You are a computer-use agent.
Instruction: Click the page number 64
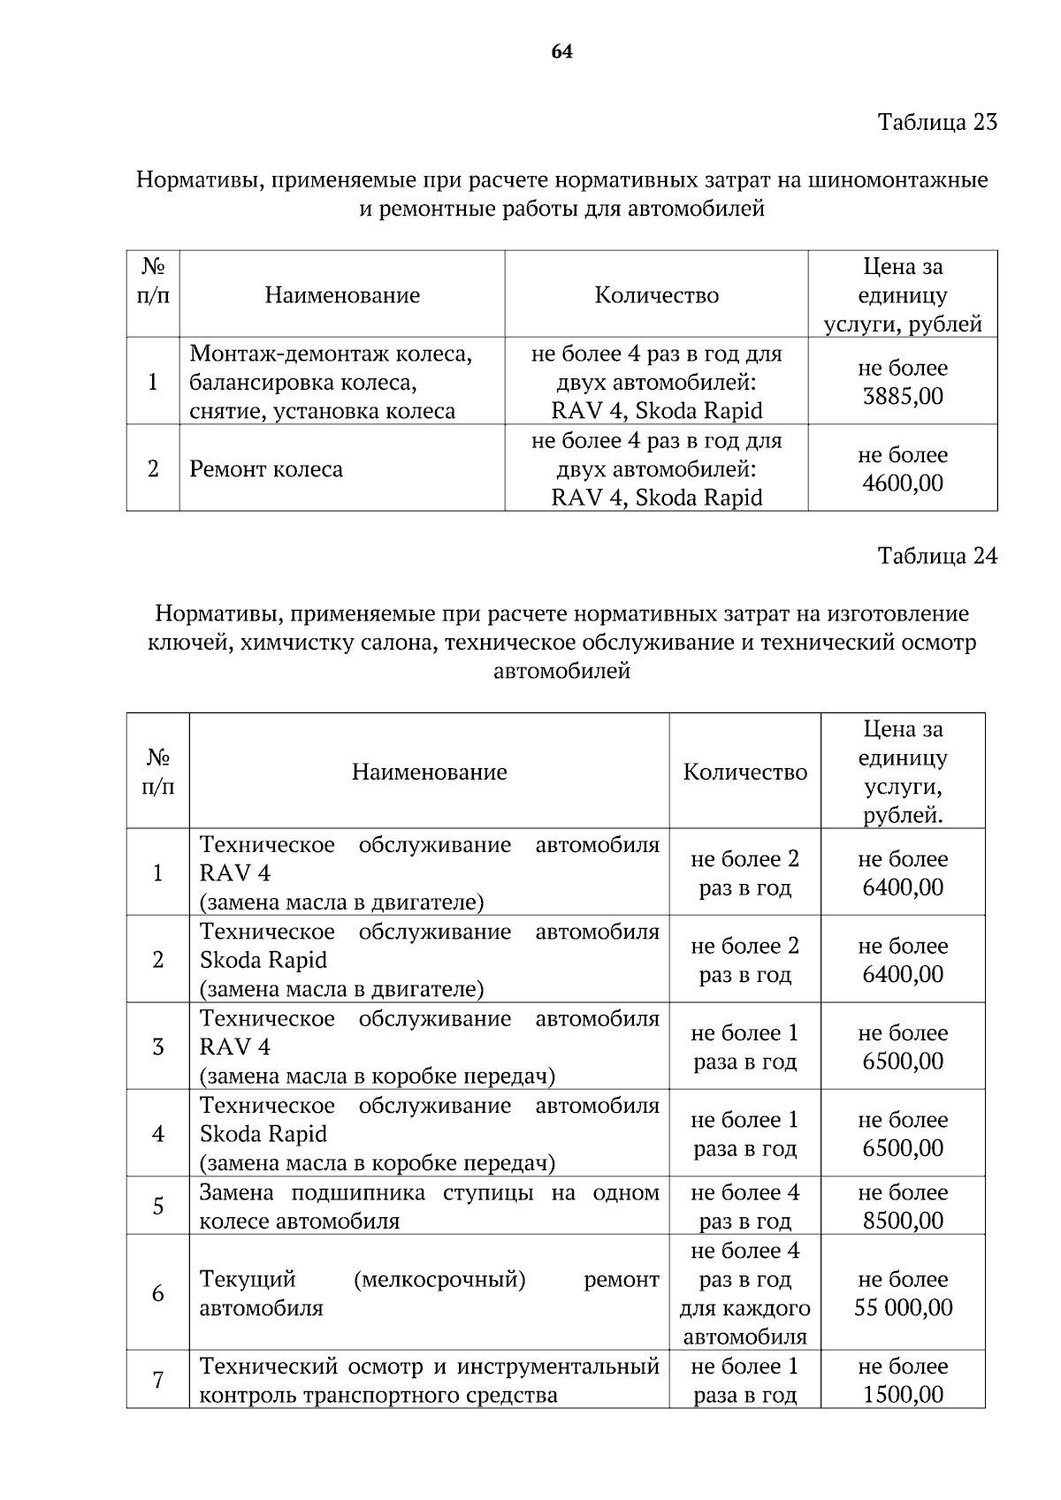[x=561, y=52]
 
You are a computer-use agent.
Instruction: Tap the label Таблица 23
[x=937, y=122]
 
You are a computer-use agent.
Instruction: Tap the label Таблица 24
[x=937, y=556]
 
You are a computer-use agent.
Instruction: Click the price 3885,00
[x=903, y=396]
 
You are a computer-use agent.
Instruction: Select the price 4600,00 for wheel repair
[x=903, y=484]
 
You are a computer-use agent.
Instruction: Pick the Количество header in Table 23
[x=656, y=295]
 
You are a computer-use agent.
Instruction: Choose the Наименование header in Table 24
[x=429, y=772]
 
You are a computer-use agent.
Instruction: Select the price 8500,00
[x=903, y=1221]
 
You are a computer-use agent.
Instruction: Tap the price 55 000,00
[x=903, y=1308]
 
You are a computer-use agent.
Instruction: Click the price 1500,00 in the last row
[x=903, y=1395]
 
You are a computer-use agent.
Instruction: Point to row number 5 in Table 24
[x=158, y=1207]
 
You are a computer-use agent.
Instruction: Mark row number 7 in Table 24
[x=158, y=1380]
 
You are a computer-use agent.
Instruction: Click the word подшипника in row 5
[x=355, y=1192]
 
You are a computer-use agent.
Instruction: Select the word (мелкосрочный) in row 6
[x=439, y=1279]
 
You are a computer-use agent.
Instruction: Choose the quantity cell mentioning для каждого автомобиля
[x=744, y=1293]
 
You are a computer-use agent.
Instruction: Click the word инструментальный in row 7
[x=558, y=1367]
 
